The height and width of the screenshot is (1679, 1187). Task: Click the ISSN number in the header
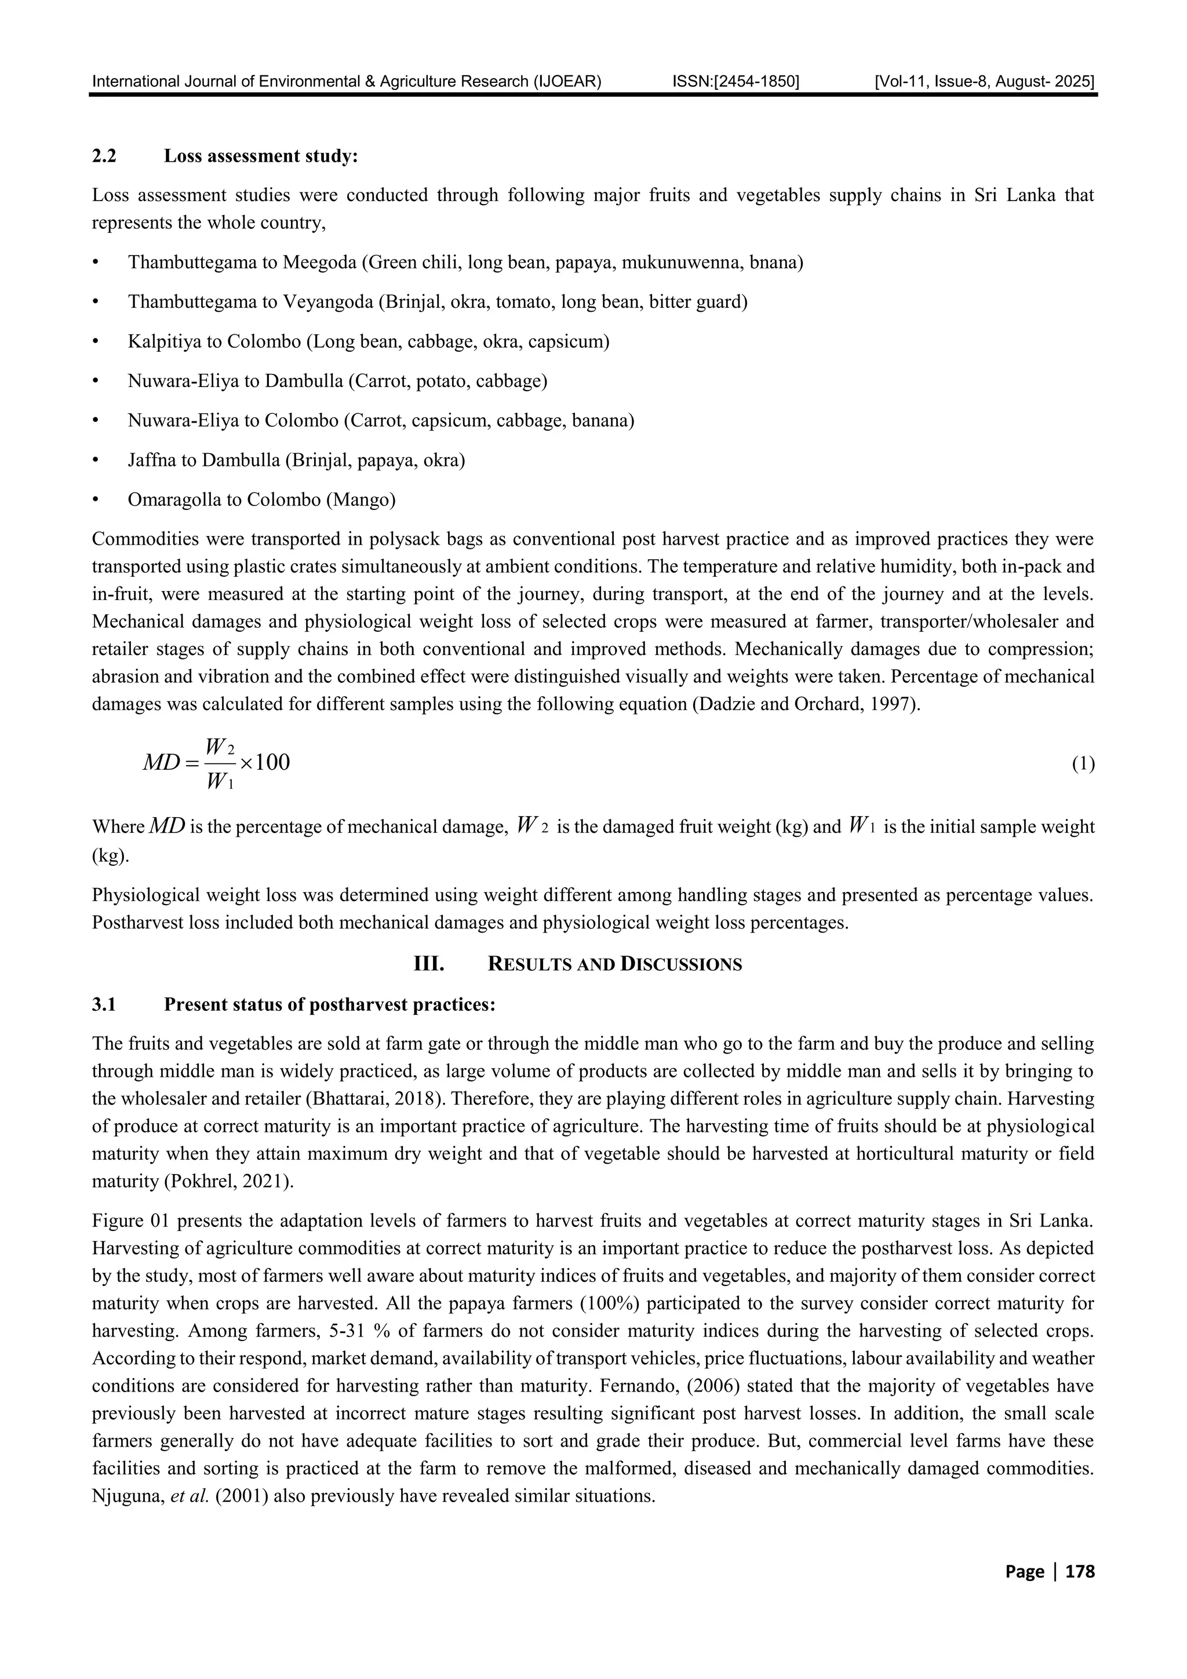coord(735,81)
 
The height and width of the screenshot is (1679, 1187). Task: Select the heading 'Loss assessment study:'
coord(260,156)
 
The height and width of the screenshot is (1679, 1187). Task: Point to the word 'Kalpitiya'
coord(159,341)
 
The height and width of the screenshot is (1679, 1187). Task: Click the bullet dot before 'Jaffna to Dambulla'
coord(95,461)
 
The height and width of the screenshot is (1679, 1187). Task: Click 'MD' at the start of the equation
coord(161,763)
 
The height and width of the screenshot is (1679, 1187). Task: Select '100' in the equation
coord(272,763)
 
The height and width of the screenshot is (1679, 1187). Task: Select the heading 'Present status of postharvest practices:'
coord(330,1005)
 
